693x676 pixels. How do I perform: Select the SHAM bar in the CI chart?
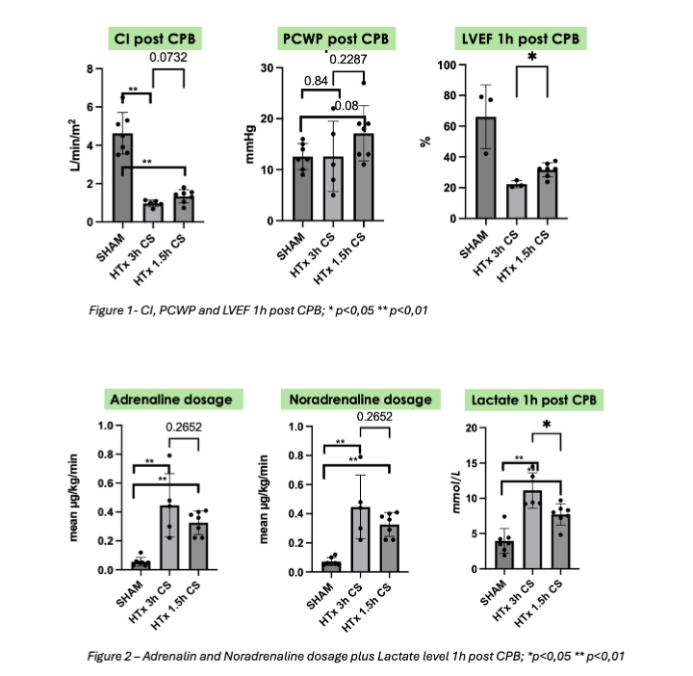123,178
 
